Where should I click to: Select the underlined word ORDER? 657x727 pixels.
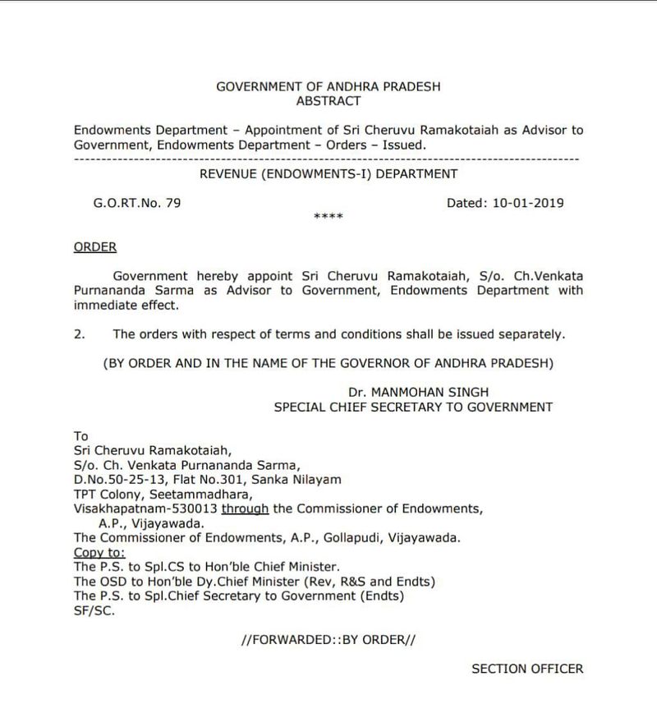tap(95, 246)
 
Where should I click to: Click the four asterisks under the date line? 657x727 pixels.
tap(328, 218)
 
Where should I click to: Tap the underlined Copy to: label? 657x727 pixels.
tap(94, 552)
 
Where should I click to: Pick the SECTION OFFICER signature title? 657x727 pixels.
tap(527, 669)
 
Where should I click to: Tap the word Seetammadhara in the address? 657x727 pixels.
tap(208, 495)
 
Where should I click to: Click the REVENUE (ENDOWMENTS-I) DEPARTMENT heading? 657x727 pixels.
tap(328, 173)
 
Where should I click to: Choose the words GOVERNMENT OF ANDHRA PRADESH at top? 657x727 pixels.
tap(328, 87)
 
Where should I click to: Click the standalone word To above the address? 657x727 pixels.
tap(80, 436)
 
